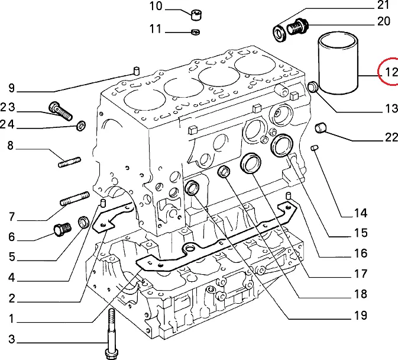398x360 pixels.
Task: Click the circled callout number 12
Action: [x=390, y=72]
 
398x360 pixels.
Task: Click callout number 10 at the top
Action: [x=156, y=7]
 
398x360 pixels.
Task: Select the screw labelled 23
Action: [x=59, y=110]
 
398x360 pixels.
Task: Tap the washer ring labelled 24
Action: [x=80, y=125]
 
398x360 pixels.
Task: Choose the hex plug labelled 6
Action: [x=60, y=229]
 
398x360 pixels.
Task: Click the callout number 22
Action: [x=391, y=137]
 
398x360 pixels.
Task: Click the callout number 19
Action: [x=360, y=316]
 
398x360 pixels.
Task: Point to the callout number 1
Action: [x=11, y=319]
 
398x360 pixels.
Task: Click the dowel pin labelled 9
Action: [x=135, y=72]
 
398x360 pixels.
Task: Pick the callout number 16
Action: [x=361, y=254]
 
